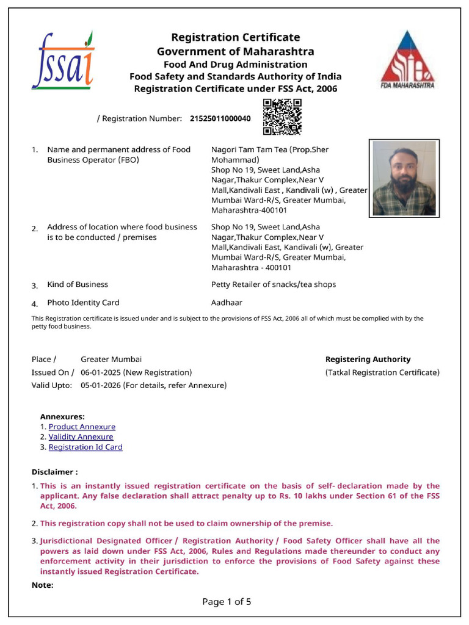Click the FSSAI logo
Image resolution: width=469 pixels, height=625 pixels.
click(x=63, y=59)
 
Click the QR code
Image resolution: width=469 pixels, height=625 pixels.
click(x=282, y=117)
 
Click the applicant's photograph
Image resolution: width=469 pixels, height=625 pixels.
click(x=404, y=178)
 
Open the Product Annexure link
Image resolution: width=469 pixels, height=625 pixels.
click(x=82, y=427)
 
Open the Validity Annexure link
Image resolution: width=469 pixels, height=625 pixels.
click(x=81, y=437)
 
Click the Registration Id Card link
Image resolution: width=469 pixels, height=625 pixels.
click(x=85, y=447)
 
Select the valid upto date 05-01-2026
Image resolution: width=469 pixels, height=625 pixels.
click(x=101, y=385)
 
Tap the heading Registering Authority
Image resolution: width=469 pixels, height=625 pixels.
click(x=368, y=359)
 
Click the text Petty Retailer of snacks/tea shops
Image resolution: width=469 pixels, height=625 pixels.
click(x=273, y=284)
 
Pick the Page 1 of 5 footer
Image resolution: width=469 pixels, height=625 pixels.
click(x=227, y=602)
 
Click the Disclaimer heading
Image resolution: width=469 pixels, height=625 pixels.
click(x=54, y=472)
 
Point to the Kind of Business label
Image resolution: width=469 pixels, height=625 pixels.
click(x=78, y=284)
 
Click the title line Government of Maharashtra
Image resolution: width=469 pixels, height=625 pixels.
click(x=235, y=51)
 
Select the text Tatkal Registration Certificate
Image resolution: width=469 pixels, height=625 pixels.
click(x=382, y=372)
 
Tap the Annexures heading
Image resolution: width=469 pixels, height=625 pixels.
click(x=62, y=416)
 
